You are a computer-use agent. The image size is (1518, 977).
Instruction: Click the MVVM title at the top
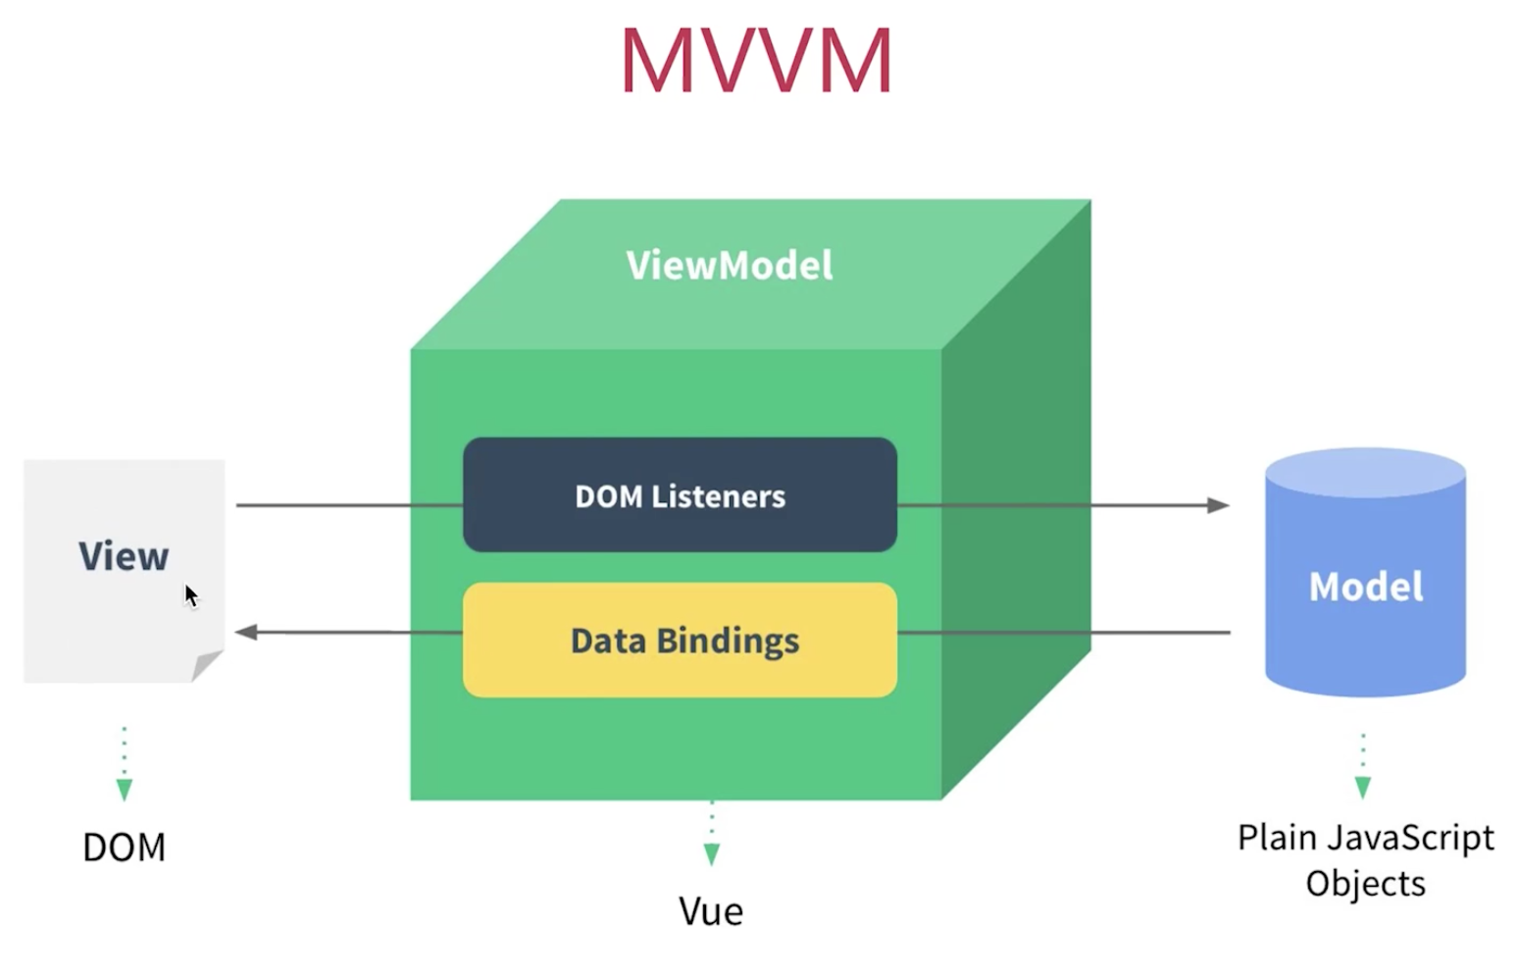(756, 60)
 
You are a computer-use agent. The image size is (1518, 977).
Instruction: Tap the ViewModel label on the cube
(730, 265)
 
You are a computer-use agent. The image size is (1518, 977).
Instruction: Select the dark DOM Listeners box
(680, 495)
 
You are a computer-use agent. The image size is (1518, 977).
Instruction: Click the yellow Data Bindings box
(680, 640)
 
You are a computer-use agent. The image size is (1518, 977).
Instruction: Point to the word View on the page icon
(124, 556)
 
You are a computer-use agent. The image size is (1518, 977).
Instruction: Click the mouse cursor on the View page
(191, 596)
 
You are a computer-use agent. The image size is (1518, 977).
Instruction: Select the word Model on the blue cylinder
(1366, 587)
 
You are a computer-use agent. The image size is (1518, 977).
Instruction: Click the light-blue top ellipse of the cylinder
(1366, 473)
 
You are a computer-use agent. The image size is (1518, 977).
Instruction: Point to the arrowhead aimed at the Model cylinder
(1219, 505)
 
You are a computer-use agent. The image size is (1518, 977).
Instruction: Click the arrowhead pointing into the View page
(246, 633)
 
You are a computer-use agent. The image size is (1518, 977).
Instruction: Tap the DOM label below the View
(124, 847)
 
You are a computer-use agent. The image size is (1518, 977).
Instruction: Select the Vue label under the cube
(711, 911)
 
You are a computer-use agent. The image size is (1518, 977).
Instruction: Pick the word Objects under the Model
(1366, 884)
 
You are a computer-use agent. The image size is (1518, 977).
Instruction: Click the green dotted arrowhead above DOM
(124, 790)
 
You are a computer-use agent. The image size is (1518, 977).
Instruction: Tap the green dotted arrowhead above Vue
(712, 854)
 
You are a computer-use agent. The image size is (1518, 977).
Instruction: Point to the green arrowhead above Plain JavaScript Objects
(1363, 788)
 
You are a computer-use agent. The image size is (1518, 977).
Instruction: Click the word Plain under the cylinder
(1278, 838)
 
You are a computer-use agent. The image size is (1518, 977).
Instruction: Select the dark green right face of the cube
(1017, 499)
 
